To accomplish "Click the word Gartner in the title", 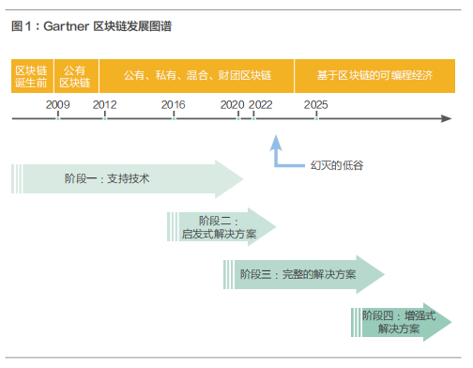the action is [x=67, y=26].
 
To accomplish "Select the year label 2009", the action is [x=58, y=105].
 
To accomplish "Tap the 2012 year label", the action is [x=104, y=105].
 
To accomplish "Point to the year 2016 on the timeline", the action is [x=174, y=105].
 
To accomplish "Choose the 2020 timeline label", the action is [x=232, y=105].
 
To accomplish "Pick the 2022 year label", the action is [x=261, y=105].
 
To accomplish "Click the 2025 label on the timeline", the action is [x=316, y=105].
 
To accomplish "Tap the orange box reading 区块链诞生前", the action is [x=32, y=76].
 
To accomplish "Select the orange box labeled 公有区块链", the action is [x=76, y=76].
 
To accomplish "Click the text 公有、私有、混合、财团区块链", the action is [x=197, y=75].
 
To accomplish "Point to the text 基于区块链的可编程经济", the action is [x=374, y=75].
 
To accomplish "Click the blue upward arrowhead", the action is [x=276, y=144].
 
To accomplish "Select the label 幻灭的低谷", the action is [x=337, y=165].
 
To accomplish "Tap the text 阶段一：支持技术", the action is [x=107, y=178].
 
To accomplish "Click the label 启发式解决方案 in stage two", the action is [x=219, y=234].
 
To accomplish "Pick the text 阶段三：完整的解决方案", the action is [x=298, y=274].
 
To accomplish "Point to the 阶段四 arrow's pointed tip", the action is [x=451, y=322].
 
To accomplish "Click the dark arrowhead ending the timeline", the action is [x=447, y=118].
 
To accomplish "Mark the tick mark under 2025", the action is [x=316, y=115].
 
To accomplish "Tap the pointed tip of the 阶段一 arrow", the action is [x=243, y=179].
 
